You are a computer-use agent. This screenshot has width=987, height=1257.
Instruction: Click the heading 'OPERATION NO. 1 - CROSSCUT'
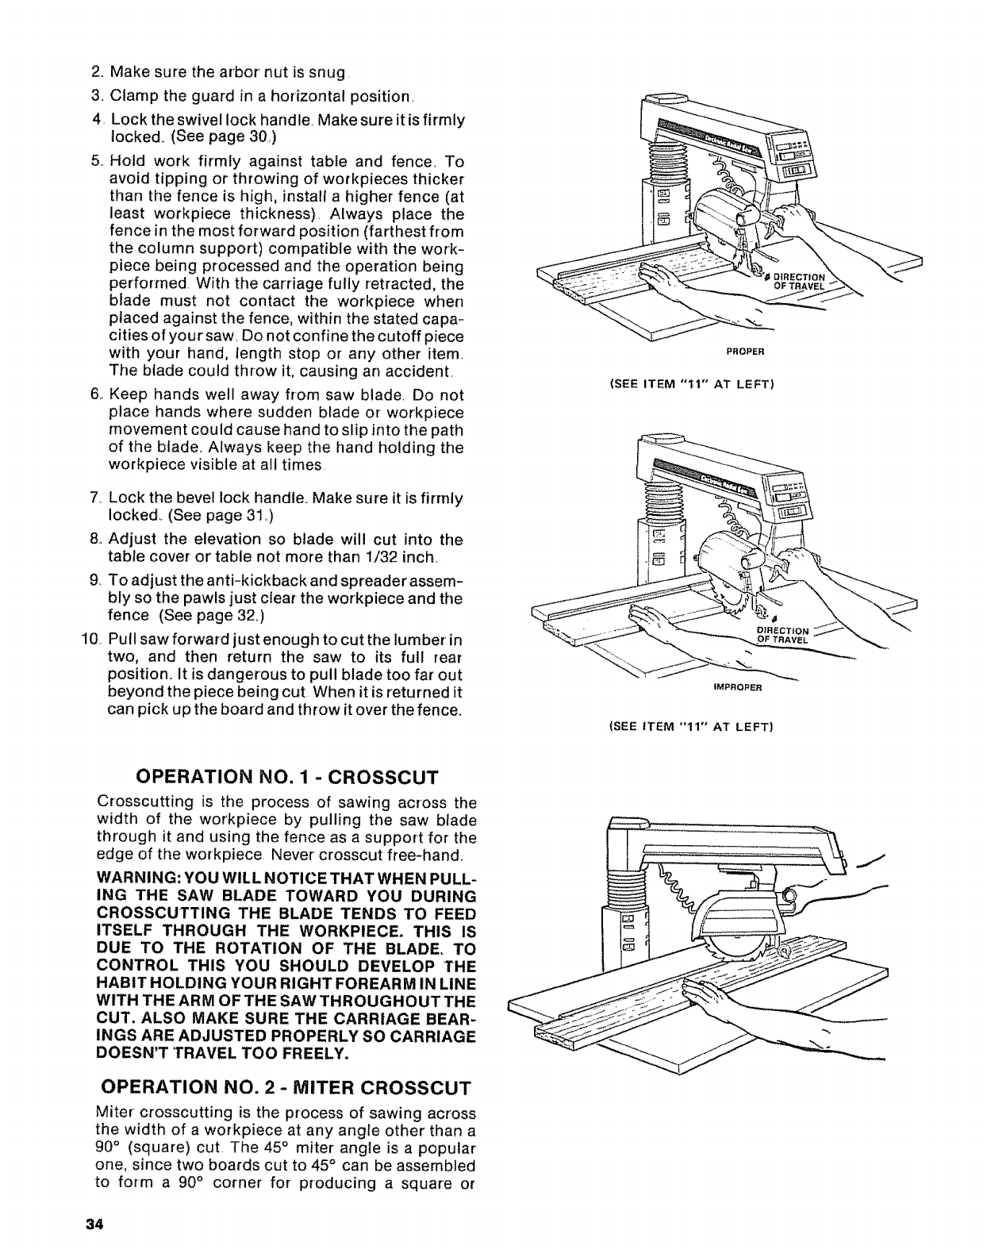[287, 775]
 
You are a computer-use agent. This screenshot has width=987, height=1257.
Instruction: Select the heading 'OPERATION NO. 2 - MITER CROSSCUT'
[304, 1086]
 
